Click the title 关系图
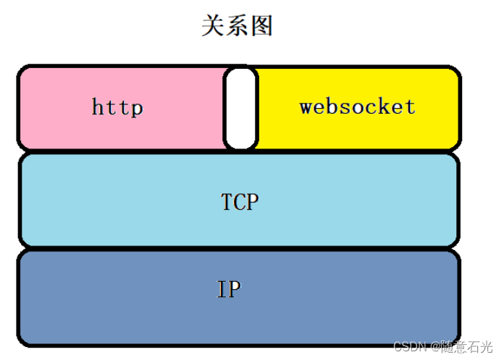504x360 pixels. (x=237, y=26)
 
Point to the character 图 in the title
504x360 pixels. (x=261, y=26)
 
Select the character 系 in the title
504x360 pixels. (x=237, y=26)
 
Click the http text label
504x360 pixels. (x=117, y=108)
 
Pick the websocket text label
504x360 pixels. (x=358, y=107)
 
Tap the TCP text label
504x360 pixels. (x=240, y=201)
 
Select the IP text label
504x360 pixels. (x=229, y=290)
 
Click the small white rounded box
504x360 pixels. (x=240, y=108)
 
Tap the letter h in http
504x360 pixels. (x=98, y=108)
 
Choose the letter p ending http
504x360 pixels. (x=137, y=109)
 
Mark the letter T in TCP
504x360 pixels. (x=227, y=201)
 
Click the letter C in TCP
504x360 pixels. (x=240, y=201)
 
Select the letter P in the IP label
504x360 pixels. (x=235, y=290)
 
